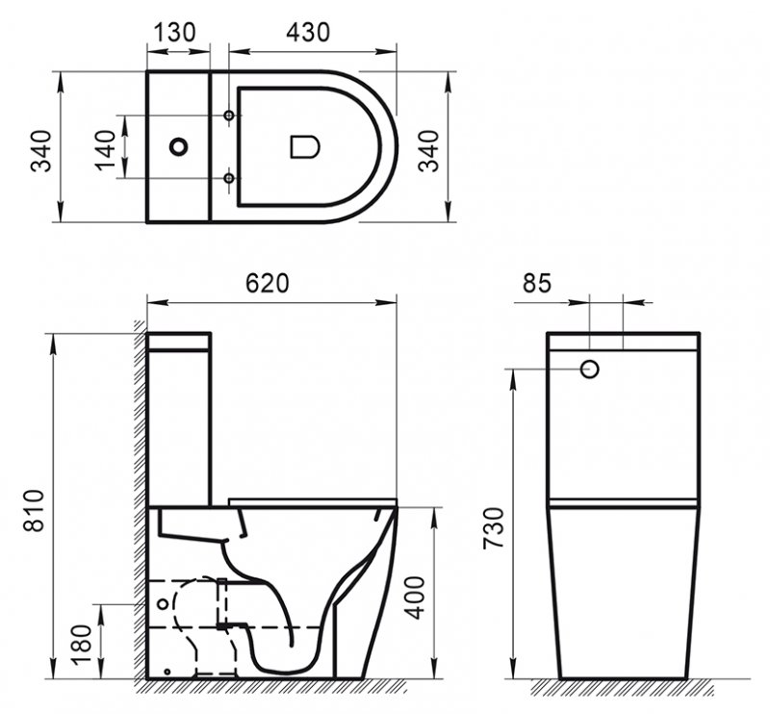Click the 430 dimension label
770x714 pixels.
point(309,32)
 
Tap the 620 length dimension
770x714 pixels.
point(267,283)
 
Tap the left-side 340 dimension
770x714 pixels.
point(41,147)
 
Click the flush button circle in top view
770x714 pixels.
point(178,147)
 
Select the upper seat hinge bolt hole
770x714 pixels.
point(228,116)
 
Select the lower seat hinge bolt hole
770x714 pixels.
point(228,179)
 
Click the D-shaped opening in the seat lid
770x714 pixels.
point(304,147)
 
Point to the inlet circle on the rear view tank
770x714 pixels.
point(591,369)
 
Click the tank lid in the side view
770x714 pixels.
point(178,341)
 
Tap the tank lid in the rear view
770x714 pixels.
point(622,341)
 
